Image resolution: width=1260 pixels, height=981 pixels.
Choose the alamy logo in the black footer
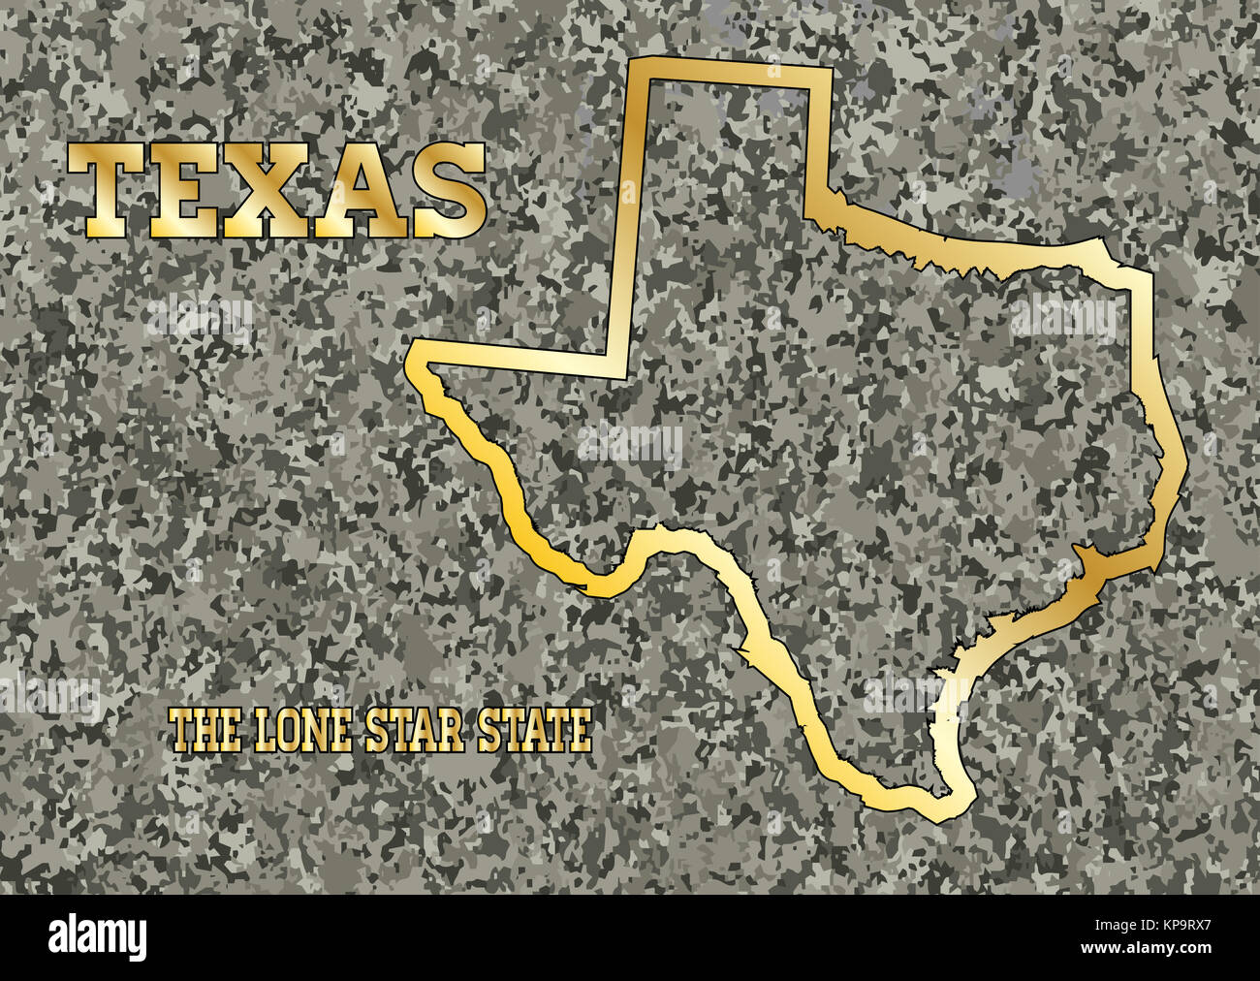(97, 936)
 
